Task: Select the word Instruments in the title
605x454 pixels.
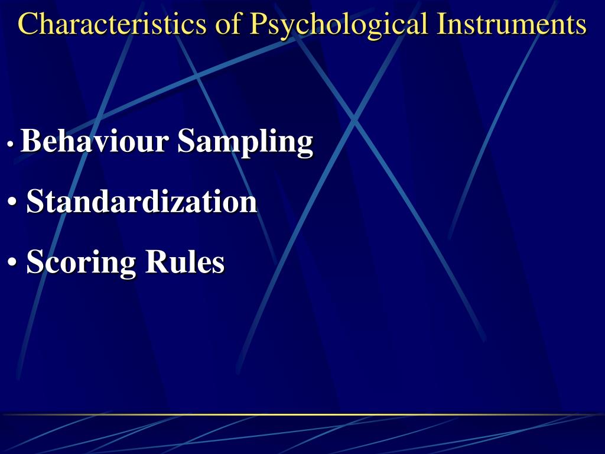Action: (512, 24)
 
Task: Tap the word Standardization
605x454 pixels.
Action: (142, 202)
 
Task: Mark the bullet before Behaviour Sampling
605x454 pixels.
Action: (11, 144)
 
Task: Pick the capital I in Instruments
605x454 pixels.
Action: (441, 24)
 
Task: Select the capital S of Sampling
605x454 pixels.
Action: (186, 141)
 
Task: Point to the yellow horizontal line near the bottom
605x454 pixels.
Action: (302, 414)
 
